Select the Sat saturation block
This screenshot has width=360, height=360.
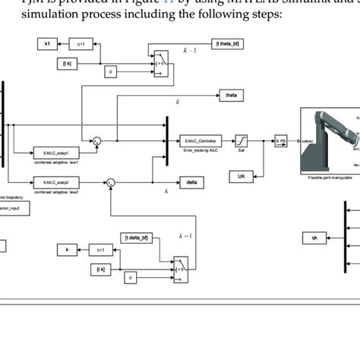pos(241,141)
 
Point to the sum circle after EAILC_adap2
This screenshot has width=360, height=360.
pos(110,182)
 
